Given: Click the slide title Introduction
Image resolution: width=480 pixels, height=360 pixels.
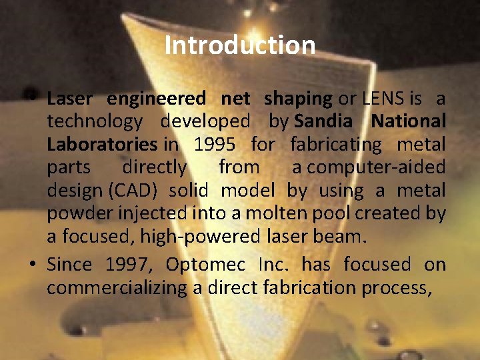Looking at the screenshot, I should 240,45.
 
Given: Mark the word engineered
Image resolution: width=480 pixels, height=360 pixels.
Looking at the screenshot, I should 157,99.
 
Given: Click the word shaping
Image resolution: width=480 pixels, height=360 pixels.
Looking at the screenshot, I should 297,99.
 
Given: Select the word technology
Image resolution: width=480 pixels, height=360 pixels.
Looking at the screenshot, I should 94,121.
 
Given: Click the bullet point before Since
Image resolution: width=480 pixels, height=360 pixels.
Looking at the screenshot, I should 32,265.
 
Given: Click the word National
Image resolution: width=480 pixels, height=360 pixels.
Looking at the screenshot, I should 408,121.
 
